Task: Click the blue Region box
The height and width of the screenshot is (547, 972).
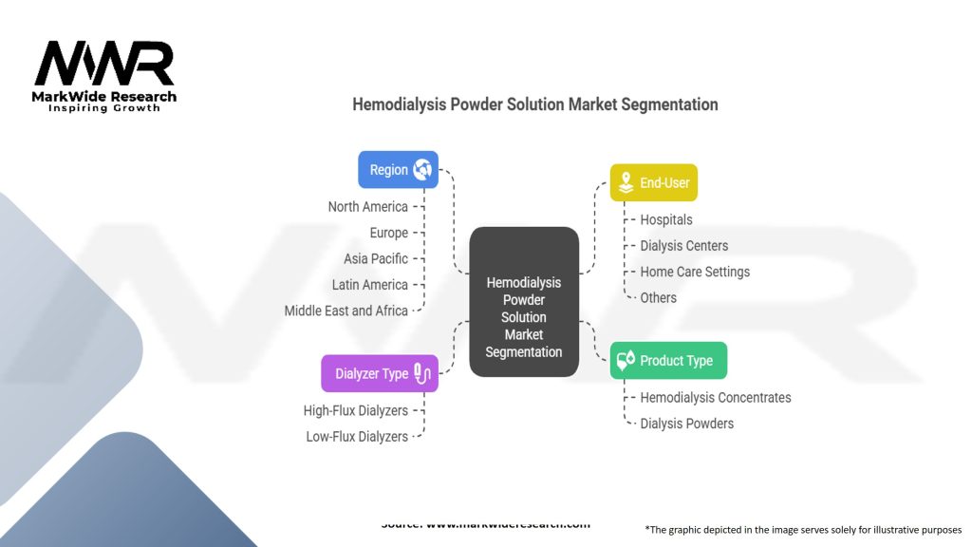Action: click(x=398, y=170)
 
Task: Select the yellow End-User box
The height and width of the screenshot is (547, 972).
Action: click(x=653, y=182)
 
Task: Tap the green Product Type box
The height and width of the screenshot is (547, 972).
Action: click(x=668, y=361)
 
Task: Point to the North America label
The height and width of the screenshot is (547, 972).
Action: click(x=367, y=207)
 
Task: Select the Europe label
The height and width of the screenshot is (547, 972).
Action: click(x=388, y=233)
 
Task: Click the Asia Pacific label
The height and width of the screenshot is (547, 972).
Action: click(x=376, y=258)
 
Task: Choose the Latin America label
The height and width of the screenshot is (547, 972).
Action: click(x=370, y=285)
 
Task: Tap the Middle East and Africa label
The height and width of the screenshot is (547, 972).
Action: click(x=346, y=311)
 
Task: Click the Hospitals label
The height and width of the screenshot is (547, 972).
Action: click(x=666, y=219)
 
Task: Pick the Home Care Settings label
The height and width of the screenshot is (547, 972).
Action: click(x=695, y=272)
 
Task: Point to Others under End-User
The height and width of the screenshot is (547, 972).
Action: click(x=658, y=297)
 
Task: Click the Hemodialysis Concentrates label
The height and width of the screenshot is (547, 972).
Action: click(x=715, y=398)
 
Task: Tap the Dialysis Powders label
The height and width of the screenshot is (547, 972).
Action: click(x=686, y=424)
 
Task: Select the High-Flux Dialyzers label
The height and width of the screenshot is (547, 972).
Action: click(x=355, y=411)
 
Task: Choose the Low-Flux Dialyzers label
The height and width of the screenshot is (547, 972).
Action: click(x=356, y=437)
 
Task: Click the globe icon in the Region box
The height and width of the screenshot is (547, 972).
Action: click(x=422, y=170)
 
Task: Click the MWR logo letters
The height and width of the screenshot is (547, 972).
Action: click(x=104, y=65)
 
